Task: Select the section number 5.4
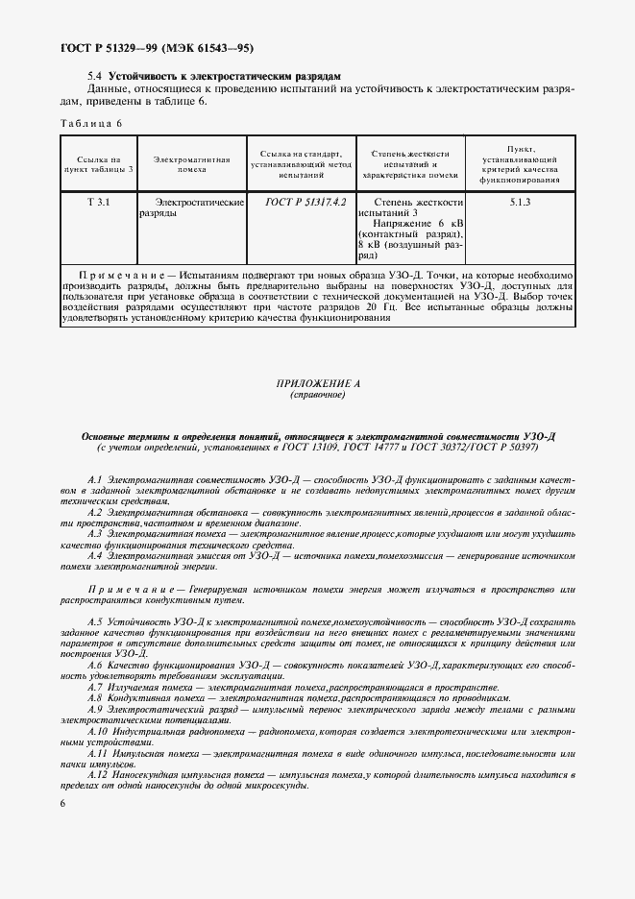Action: (94, 75)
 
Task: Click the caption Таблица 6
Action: (91, 123)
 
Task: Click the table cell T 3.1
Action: (98, 204)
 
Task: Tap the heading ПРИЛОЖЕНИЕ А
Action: (317, 383)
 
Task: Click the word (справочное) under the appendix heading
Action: (317, 395)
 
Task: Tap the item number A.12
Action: (98, 774)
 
